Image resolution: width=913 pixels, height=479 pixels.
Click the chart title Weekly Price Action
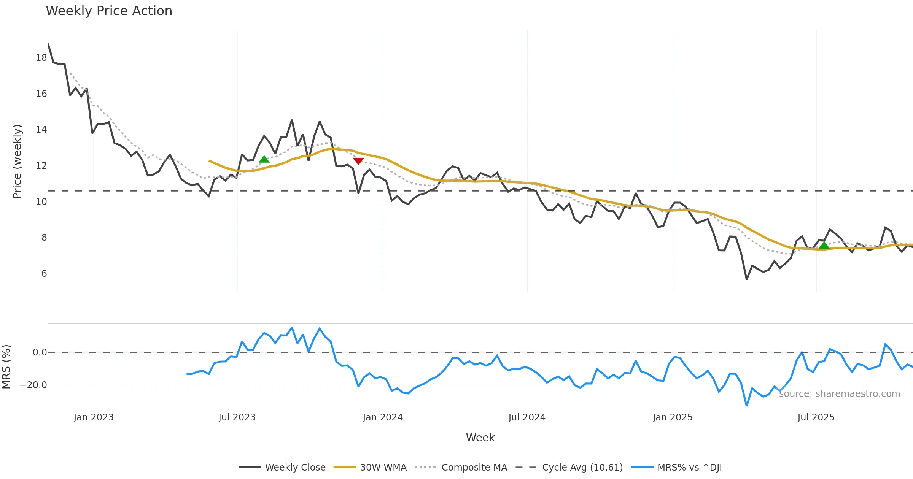109,11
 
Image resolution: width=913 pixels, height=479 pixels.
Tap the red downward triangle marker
358,161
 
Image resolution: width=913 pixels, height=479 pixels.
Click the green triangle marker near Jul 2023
264,159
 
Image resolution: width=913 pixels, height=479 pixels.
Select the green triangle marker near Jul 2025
824,245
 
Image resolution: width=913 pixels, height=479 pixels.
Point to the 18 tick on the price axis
41,58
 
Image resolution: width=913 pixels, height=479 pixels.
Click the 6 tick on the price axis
44,274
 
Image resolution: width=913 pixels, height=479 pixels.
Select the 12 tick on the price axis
41,166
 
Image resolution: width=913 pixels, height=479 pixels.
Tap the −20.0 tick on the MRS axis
33,385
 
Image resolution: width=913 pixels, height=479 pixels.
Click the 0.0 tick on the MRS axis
40,352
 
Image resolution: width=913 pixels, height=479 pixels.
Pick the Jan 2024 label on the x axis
383,417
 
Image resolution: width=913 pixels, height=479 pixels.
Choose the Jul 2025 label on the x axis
816,417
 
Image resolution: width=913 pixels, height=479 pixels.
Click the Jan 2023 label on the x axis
94,417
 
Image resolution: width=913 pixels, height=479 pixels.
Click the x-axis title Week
480,438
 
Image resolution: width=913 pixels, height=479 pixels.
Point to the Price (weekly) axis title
17,162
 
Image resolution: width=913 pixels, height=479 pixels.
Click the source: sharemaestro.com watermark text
839,394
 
